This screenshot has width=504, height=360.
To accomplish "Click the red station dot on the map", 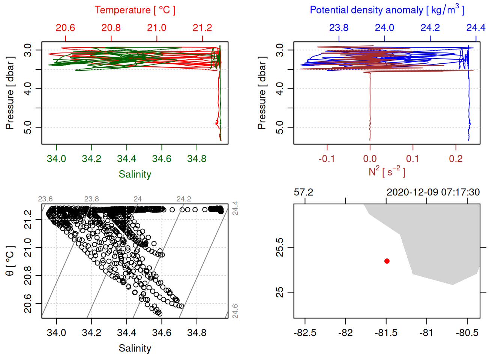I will click(387, 261).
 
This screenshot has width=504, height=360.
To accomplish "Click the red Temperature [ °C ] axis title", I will click(135, 10).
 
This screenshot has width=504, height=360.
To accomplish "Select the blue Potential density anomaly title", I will click(387, 10).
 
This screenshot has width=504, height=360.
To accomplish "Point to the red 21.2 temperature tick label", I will click(202, 28).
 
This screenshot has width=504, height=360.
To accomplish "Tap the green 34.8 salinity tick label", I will click(197, 159).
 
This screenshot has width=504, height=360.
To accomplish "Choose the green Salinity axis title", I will click(135, 174).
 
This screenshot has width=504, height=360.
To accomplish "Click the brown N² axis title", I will click(387, 171).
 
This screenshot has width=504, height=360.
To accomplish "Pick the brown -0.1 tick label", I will click(327, 159).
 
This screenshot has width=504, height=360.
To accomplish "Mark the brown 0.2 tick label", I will click(456, 159).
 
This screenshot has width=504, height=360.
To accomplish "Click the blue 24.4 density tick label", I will click(476, 28).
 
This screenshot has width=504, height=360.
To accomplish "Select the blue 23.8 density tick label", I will click(339, 28).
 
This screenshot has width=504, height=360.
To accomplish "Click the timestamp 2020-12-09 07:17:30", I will click(433, 192).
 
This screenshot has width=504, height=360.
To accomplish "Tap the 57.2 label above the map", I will click(303, 192).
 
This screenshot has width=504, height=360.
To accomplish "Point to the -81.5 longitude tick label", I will click(386, 333).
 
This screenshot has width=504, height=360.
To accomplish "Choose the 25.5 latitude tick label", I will click(280, 247).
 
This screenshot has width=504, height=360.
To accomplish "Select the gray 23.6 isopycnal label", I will click(45, 199).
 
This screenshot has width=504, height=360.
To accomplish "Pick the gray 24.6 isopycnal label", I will click(235, 311).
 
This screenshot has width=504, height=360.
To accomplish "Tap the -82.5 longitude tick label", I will click(305, 333).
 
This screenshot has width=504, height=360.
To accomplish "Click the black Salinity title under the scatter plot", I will click(135, 348).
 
